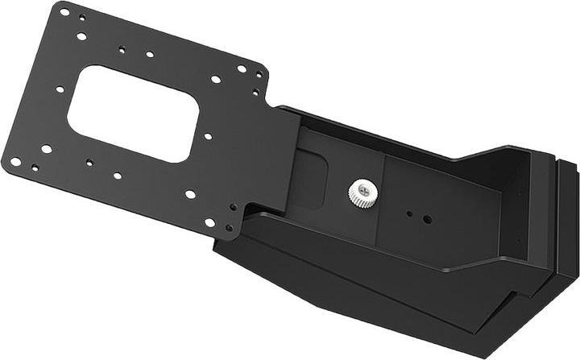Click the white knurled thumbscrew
point(362,192)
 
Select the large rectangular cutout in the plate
point(133,114)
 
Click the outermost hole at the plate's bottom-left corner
point(15,161)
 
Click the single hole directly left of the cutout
point(60,89)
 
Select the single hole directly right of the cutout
point(208,136)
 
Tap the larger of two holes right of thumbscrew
point(427,218)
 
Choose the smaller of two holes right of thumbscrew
point(410,214)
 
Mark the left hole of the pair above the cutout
point(122,49)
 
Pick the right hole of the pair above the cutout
point(150,55)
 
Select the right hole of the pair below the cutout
point(118,175)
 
